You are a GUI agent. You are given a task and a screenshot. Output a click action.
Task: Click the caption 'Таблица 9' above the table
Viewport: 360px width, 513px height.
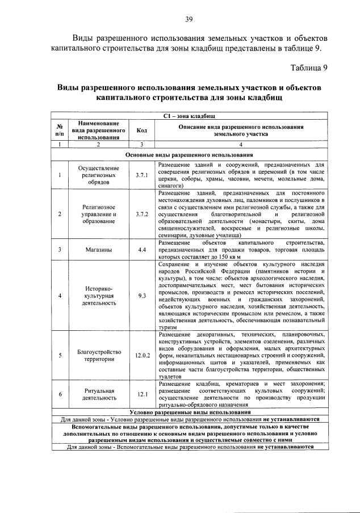point(309,68)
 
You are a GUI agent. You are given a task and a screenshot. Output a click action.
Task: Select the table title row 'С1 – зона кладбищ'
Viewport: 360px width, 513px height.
point(189,116)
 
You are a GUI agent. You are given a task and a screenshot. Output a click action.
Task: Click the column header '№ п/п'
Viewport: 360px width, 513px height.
point(60,131)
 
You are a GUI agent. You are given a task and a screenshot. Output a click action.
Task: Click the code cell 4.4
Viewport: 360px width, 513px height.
point(142,249)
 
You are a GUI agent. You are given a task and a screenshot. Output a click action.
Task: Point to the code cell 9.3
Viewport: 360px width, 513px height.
point(142,295)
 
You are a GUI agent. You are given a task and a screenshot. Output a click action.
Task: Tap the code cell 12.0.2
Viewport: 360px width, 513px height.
point(142,356)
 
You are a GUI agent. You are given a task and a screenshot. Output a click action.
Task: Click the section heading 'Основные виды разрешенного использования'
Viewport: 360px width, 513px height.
point(189,154)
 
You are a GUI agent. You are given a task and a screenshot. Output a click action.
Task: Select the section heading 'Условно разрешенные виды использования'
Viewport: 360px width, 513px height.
point(189,413)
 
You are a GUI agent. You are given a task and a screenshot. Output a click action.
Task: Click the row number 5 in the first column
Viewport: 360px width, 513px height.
point(60,356)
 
